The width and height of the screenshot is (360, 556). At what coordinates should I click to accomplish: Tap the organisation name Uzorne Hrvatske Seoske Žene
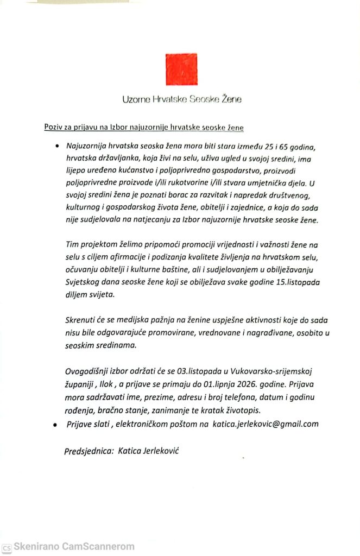click(x=181, y=99)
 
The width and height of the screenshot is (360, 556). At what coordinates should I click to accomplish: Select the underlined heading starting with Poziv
click(x=144, y=128)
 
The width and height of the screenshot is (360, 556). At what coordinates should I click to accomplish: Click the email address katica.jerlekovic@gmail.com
click(x=273, y=424)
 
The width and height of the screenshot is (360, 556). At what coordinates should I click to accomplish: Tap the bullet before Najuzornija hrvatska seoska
click(x=56, y=147)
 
